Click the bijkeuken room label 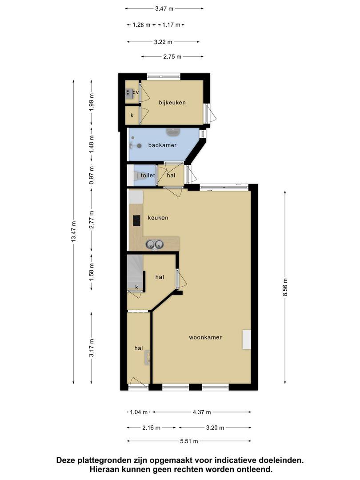click(172, 103)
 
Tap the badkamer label click(162, 145)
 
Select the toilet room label click(148, 176)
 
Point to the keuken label click(158, 218)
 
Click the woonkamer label click(205, 337)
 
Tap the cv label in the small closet click(136, 92)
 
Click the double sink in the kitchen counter click(154, 244)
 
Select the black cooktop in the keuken click(136, 221)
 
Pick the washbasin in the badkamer click(173, 132)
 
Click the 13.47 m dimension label click(73, 232)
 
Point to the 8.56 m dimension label click(285, 287)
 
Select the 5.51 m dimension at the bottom click(189, 441)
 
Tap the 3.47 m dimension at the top click(164, 8)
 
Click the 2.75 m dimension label click(172, 56)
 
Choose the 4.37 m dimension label click(202, 412)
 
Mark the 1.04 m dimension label click(139, 412)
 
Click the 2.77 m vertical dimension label click(91, 220)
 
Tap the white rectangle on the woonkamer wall click(247, 340)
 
